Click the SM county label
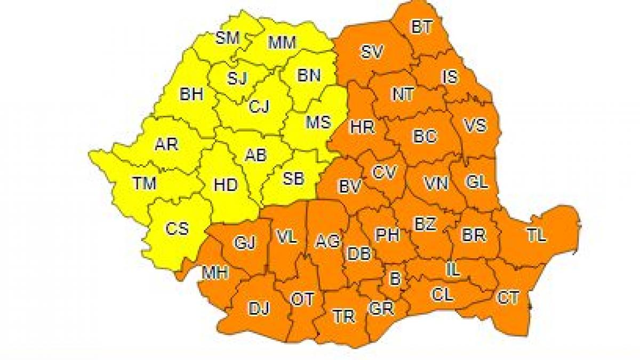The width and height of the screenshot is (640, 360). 228,38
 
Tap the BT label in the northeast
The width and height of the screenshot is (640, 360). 422,27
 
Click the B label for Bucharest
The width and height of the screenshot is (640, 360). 395,278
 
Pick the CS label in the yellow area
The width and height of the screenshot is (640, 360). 177,228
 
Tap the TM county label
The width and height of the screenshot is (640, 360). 144,183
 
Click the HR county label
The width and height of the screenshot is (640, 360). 362,127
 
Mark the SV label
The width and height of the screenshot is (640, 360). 373,52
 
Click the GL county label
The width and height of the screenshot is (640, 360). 476,182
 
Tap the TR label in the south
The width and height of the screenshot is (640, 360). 343,316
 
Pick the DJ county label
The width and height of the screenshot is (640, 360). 259,308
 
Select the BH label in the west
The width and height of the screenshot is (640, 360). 191,95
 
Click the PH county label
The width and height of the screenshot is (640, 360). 388,235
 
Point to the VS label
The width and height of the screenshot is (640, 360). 474,125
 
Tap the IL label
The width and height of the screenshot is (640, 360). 452,270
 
